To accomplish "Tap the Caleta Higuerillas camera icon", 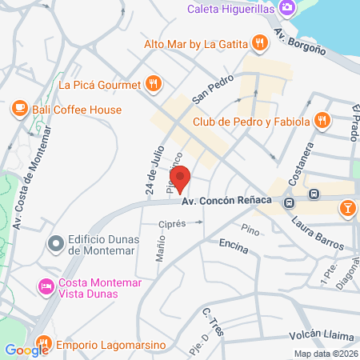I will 286,9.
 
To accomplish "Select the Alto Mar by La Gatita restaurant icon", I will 258,42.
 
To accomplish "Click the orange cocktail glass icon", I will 348,210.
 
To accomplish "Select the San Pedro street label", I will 212,90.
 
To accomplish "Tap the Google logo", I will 27,350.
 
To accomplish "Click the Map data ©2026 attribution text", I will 325,354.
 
